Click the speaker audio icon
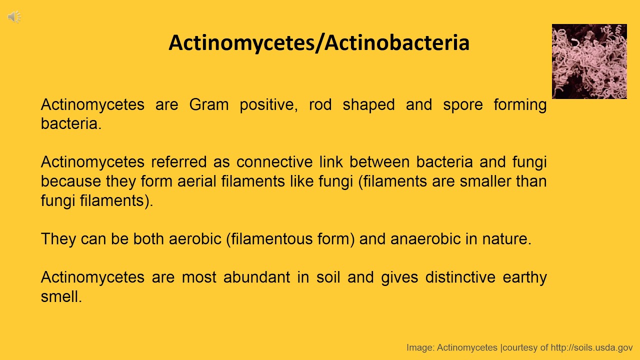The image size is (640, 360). [x=14, y=17]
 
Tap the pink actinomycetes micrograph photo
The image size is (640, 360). [x=589, y=61]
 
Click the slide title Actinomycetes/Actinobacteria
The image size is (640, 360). [x=318, y=43]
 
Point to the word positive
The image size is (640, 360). [x=268, y=105]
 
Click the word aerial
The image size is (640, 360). [x=197, y=181]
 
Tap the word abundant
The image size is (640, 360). [x=256, y=277]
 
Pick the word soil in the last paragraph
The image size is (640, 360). [x=328, y=277]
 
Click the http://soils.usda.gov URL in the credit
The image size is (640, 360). [x=591, y=347]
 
